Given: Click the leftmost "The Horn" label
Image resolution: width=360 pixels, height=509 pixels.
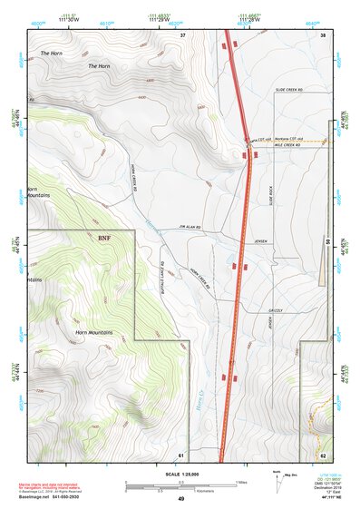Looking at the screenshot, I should click(50, 54).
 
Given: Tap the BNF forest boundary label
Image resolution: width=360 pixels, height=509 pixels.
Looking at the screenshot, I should click(104, 236).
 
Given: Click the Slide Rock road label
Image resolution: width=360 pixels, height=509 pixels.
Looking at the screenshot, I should click(270, 193).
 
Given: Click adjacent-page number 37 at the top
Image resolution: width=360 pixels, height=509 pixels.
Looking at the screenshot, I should click(182, 34).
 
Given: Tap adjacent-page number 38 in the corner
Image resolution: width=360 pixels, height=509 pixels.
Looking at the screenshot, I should click(323, 34).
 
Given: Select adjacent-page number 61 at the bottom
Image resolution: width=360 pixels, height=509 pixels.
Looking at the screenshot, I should click(181, 455).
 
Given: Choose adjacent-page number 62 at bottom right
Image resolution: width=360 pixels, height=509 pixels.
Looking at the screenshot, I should click(323, 455).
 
